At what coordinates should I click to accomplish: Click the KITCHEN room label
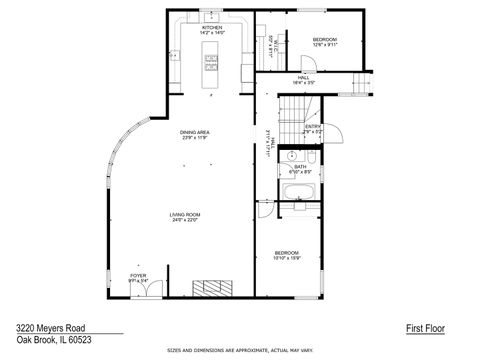(211, 29)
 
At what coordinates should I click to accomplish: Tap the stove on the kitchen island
(211, 63)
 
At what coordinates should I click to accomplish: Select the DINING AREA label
(194, 134)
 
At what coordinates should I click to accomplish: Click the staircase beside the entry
(292, 116)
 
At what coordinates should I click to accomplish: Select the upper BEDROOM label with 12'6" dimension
(325, 42)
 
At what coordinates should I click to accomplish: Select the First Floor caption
(425, 327)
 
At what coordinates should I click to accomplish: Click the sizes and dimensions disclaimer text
(239, 352)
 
